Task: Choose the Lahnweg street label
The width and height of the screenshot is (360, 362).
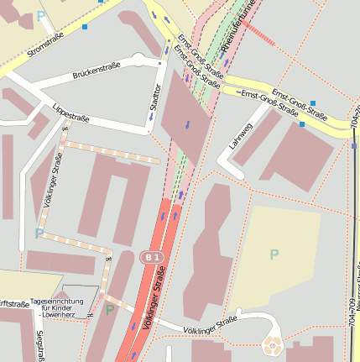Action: (x=237, y=137)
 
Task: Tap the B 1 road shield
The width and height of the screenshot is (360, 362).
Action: (x=150, y=257)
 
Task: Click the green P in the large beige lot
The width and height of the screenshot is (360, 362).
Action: (x=274, y=254)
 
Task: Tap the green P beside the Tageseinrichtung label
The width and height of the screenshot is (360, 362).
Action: (x=109, y=310)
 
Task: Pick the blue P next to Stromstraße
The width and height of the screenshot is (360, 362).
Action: (x=41, y=16)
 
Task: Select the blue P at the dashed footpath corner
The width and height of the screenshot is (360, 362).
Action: (x=39, y=233)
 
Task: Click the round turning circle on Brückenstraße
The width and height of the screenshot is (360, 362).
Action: (x=139, y=59)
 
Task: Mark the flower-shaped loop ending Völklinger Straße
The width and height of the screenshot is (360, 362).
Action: (x=273, y=344)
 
